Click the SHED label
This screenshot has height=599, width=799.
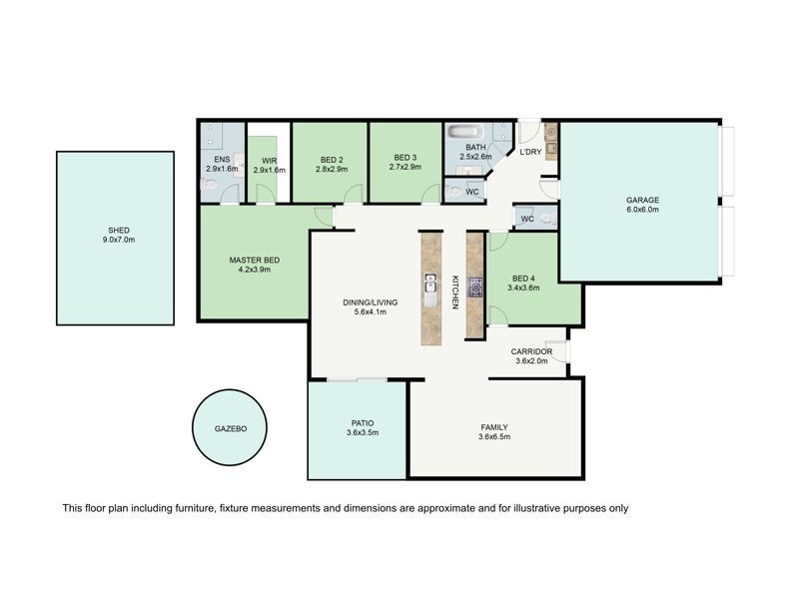coord(119,230)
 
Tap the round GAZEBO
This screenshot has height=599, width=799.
coord(231,427)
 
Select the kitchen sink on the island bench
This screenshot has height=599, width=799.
coord(430,284)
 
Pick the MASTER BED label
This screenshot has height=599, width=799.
coord(254,260)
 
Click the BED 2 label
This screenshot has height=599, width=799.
coord(332,159)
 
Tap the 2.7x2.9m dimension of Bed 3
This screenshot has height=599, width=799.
coord(404,170)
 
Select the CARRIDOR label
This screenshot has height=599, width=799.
coord(531,351)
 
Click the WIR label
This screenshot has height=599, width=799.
coord(269,159)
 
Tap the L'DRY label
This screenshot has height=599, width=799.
coord(529,151)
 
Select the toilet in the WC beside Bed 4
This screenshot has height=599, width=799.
coord(545,218)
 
